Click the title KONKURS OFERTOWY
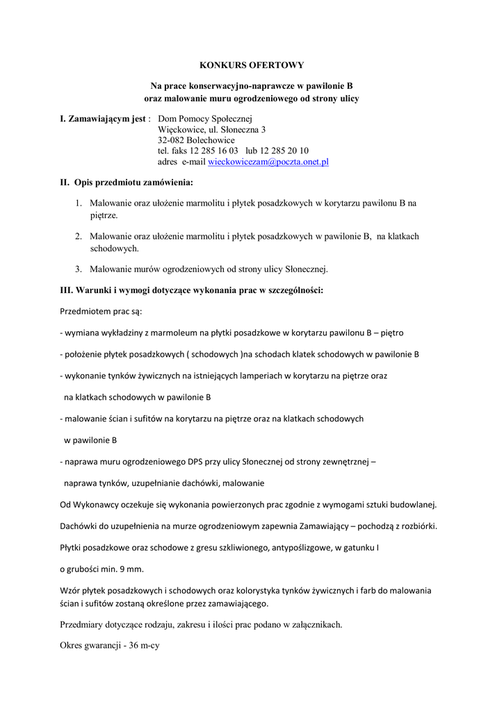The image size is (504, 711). click(252, 65)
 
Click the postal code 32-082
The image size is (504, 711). click(171, 140)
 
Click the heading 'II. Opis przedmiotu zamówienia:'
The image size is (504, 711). click(126, 183)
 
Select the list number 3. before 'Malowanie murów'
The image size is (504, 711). click(79, 269)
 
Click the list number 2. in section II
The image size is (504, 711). click(79, 236)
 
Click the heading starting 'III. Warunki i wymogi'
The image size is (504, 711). click(191, 290)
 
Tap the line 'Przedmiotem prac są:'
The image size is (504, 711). click(101, 311)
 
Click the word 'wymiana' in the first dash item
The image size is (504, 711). click(81, 333)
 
